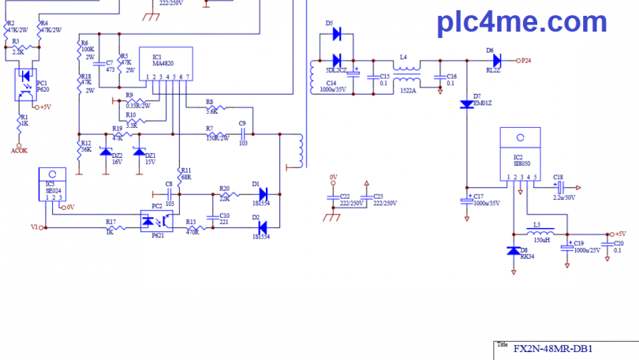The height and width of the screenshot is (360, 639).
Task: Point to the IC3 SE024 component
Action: click(x=53, y=183)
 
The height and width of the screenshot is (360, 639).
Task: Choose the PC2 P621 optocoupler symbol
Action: click(x=157, y=220)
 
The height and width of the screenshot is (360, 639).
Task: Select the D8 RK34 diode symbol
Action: click(x=513, y=250)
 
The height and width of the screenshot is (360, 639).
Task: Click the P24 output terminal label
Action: click(x=525, y=61)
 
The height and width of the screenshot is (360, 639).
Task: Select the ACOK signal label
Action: click(x=20, y=148)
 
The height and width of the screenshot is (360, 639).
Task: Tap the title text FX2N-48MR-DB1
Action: click(x=552, y=348)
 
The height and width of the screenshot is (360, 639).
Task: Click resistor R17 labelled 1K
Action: click(x=110, y=227)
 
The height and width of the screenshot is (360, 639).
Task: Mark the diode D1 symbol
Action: click(x=263, y=193)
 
